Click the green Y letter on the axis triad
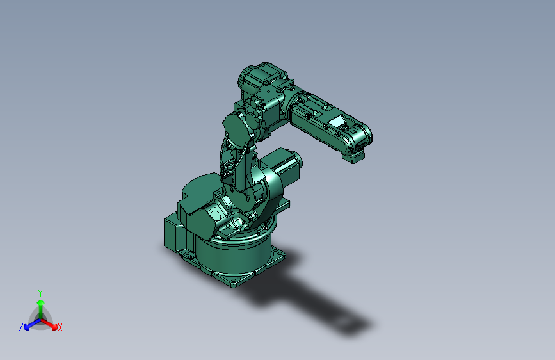point(40,292)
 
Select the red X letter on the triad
point(60,328)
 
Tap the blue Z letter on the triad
point(21,327)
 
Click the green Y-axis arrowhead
point(40,302)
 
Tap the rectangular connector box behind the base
point(174,236)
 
